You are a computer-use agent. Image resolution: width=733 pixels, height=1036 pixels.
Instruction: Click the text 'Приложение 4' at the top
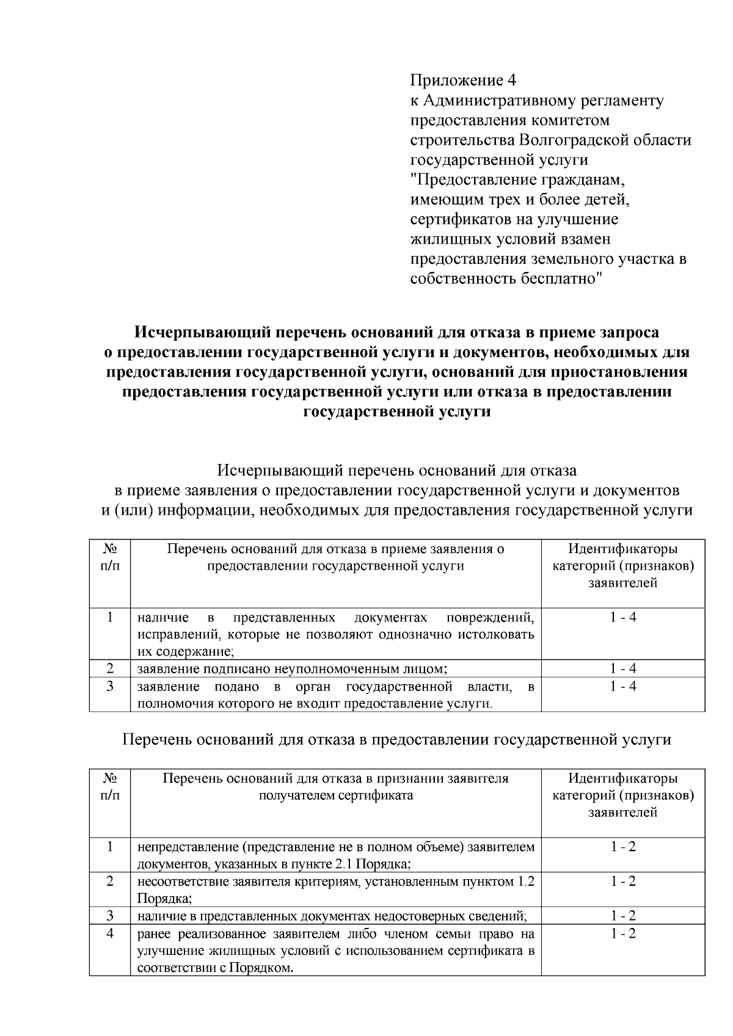tap(463, 81)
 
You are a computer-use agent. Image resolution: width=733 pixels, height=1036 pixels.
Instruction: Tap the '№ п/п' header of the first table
tap(110, 557)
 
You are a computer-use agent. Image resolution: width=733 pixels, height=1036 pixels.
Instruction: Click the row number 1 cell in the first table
tap(110, 617)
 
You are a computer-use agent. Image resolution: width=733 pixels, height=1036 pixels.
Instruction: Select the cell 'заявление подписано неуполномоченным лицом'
tap(293, 668)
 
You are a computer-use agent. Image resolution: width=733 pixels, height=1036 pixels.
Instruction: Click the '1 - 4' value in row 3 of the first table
tap(623, 686)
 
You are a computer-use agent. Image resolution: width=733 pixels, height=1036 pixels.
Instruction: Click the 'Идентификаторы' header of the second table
tap(623, 778)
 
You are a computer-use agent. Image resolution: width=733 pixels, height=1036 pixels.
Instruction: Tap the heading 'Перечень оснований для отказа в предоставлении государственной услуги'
tap(397, 740)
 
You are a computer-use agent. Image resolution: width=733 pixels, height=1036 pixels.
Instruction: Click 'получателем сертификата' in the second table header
tap(335, 795)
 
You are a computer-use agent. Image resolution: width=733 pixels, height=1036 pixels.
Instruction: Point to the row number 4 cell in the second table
tap(110, 934)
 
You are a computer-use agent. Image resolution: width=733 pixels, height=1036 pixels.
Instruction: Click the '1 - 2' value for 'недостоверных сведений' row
tap(623, 916)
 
